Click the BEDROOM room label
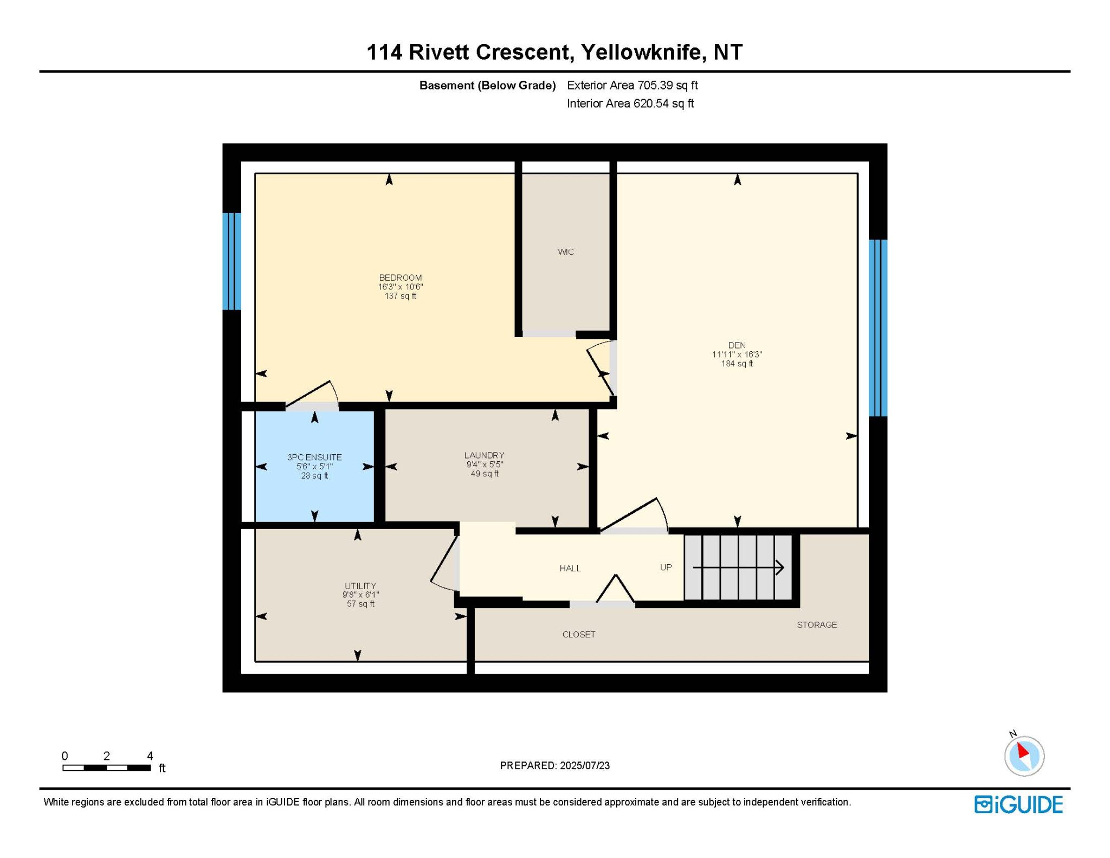point(400,278)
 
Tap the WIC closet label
point(565,251)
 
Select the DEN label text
point(737,345)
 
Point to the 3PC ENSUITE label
point(314,457)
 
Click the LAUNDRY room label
point(484,455)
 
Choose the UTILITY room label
point(360,586)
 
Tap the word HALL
point(570,568)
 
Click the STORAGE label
point(817,625)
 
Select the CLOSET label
point(579,634)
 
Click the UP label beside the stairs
point(666,567)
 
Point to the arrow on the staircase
point(739,567)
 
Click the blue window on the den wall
point(878,328)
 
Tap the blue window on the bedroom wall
point(231,261)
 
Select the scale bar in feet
point(107,767)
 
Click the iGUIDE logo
point(1018,804)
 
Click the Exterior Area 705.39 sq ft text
point(632,85)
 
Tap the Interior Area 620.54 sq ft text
point(630,104)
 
